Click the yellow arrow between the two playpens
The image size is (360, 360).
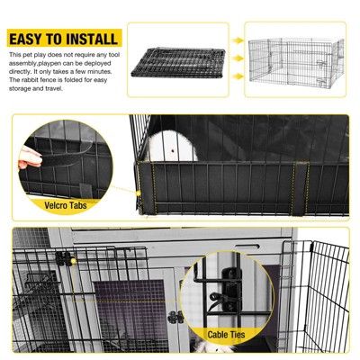[236, 40]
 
